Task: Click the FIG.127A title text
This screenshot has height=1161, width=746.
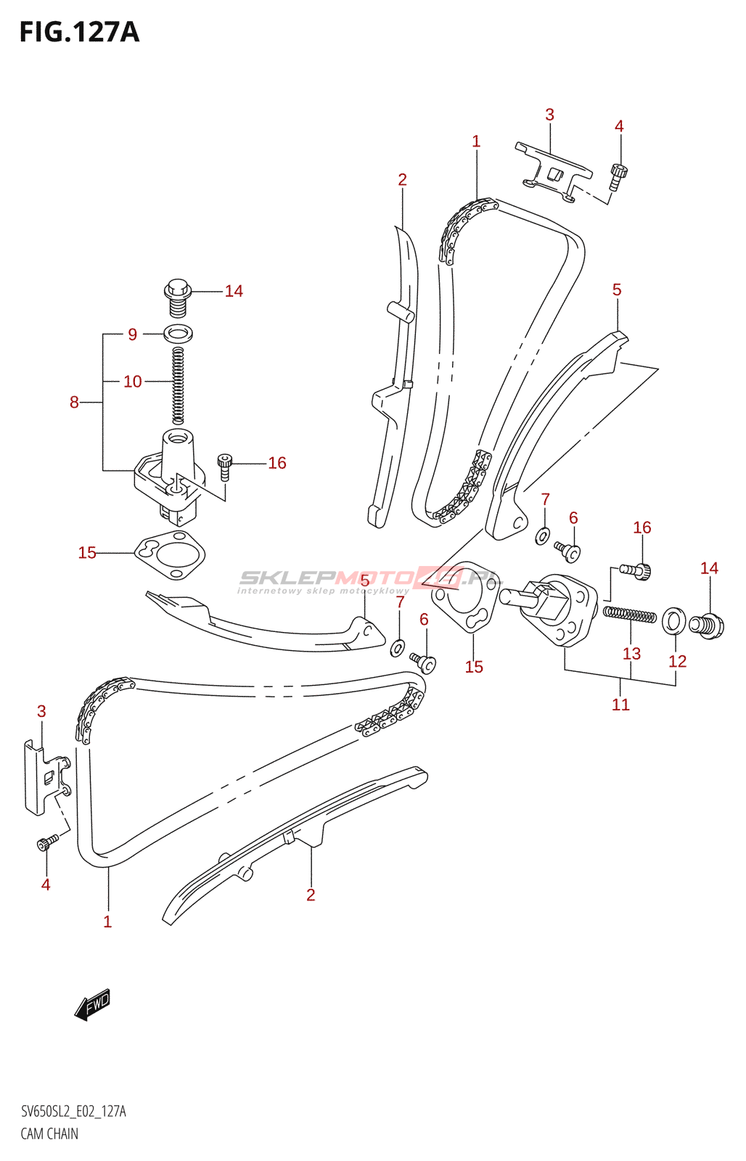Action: click(79, 32)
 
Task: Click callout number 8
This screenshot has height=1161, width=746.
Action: click(74, 402)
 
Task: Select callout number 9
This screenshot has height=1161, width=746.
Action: click(133, 335)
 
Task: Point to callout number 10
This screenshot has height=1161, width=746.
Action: click(133, 382)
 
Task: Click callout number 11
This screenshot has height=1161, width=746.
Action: click(620, 705)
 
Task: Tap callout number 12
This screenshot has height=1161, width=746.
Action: click(677, 661)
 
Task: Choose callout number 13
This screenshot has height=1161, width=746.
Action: click(631, 654)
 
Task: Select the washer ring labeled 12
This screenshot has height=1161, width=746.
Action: click(674, 620)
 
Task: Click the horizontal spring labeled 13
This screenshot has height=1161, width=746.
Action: click(629, 615)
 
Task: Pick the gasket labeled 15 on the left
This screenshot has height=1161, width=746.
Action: click(170, 555)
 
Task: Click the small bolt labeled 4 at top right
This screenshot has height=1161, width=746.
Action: click(618, 177)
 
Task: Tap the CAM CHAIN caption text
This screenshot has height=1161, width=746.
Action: click(49, 1133)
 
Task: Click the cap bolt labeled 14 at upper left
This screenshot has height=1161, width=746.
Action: click(178, 298)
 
